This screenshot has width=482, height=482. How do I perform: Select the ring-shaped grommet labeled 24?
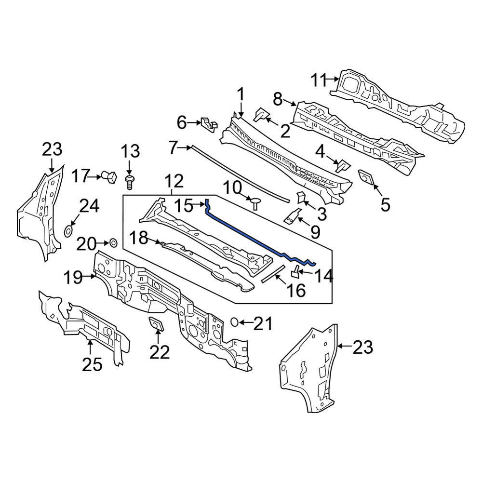click(68, 231)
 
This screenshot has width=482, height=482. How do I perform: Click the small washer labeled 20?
click(113, 243)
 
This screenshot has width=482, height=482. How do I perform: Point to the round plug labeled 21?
click(235, 322)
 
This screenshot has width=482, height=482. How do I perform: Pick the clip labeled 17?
click(109, 177)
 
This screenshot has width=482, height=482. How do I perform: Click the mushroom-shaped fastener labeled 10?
click(255, 203)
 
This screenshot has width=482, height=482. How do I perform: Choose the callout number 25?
click(92, 365)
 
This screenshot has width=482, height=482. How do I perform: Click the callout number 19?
click(73, 278)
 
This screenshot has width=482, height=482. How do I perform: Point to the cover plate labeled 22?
click(156, 324)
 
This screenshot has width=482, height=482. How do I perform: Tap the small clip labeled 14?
click(295, 271)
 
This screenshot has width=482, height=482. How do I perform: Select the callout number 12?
click(174, 181)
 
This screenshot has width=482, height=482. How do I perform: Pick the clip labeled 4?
click(343, 166)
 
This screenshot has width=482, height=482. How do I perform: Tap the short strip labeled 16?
click(273, 273)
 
